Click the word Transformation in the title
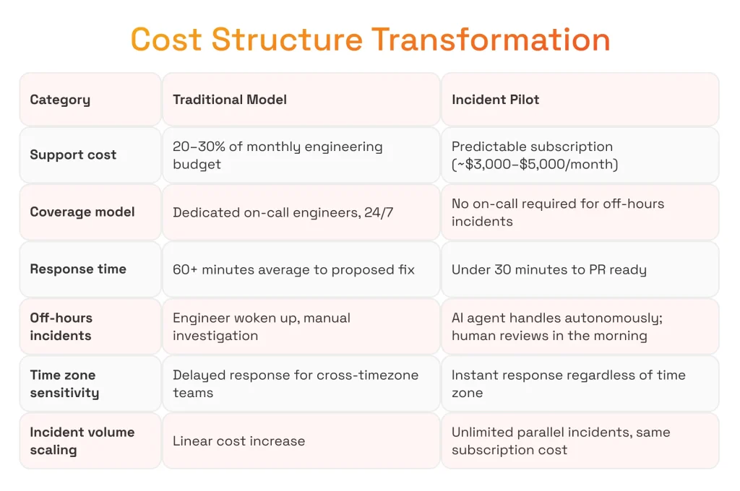pos(491,39)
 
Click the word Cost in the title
pos(166,39)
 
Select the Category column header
pos(60,100)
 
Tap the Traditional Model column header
pos(229,100)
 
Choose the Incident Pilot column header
pos(495,100)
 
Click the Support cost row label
pos(73,155)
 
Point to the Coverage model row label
pos(82,212)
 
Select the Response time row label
pos(78,269)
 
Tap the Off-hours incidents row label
pos(61,326)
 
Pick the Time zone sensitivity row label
pos(64,384)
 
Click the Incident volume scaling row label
pos(82,441)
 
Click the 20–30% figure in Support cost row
pos(199,146)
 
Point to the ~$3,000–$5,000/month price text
pos(535,164)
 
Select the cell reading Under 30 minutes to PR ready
pos(580,269)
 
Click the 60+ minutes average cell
pos(301,269)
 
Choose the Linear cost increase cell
pos(301,440)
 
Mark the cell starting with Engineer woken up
pos(301,326)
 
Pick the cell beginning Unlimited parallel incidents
pos(580,440)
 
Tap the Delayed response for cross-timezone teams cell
pos(301,383)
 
